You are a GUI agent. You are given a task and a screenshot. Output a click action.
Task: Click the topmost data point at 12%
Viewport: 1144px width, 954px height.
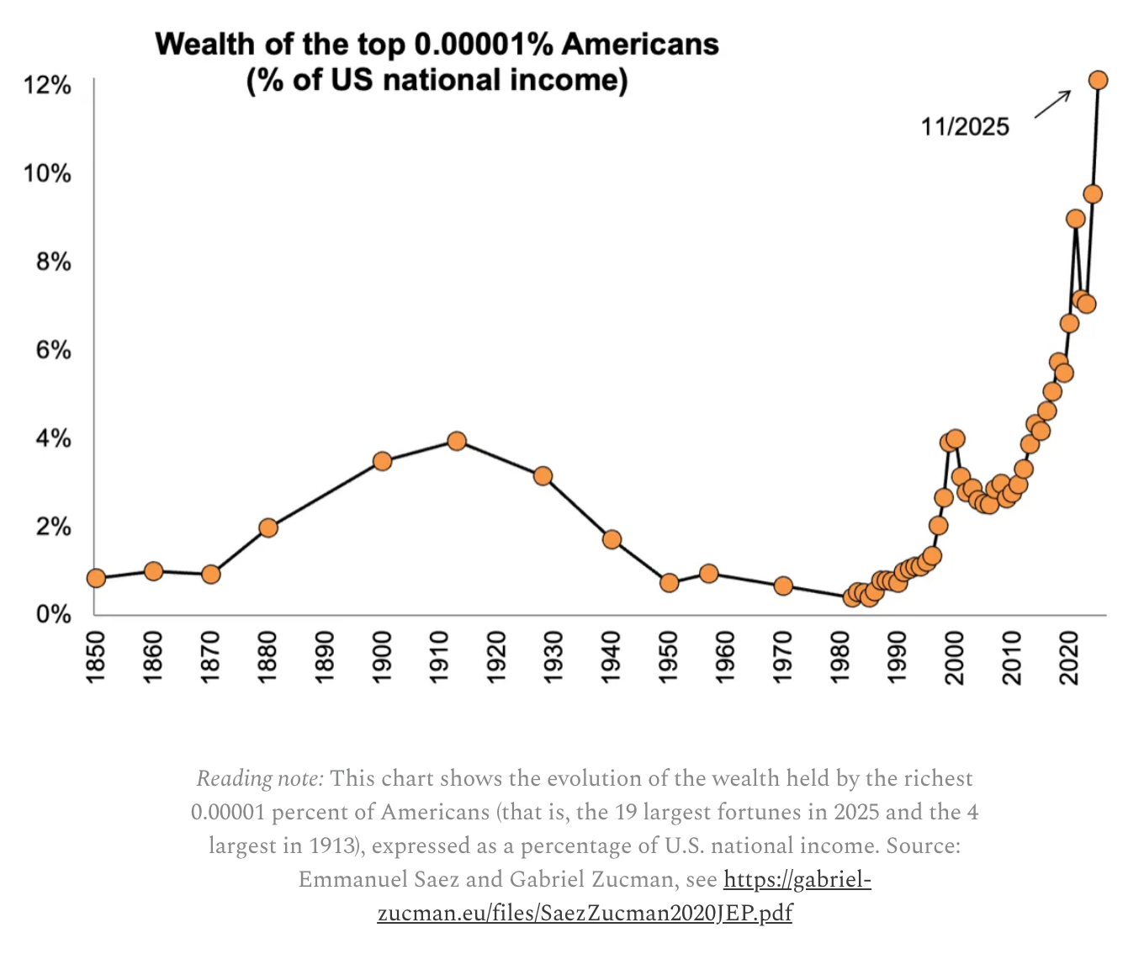[x=1098, y=80]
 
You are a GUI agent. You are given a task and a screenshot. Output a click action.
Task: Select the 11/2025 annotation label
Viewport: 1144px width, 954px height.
[x=965, y=127]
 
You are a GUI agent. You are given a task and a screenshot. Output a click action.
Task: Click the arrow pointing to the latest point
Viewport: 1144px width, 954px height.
[x=1052, y=104]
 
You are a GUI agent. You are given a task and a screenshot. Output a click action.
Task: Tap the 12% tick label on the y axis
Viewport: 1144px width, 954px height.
[x=47, y=85]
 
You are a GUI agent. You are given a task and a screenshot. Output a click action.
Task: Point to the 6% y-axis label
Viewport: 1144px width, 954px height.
[x=53, y=350]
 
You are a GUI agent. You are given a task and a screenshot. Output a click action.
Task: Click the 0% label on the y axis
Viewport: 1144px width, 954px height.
[x=53, y=614]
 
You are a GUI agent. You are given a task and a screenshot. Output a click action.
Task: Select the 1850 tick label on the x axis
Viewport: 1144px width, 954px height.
[x=95, y=657]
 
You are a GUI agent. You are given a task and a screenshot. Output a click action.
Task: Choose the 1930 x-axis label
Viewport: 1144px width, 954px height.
[x=553, y=657]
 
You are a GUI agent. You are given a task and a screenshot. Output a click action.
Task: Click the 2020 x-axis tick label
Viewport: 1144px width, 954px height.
[x=1068, y=657]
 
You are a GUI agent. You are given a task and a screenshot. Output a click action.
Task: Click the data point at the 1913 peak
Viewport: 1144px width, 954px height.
[x=457, y=441]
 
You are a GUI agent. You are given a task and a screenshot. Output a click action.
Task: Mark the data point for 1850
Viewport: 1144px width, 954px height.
[x=96, y=578]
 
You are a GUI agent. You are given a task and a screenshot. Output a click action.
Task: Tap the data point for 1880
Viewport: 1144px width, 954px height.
[x=268, y=527]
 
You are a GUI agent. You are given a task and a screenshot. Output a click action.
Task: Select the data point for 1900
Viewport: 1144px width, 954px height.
[x=383, y=461]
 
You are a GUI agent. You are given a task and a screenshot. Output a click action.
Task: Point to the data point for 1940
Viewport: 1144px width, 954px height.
[x=612, y=539]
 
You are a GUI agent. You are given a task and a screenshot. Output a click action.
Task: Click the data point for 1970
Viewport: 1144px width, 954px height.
[x=783, y=586]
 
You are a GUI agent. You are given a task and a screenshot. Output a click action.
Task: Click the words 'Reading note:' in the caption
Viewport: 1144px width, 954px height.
[x=259, y=779]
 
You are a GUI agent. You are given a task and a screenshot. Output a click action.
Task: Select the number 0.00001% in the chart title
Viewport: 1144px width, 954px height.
[x=484, y=45]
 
